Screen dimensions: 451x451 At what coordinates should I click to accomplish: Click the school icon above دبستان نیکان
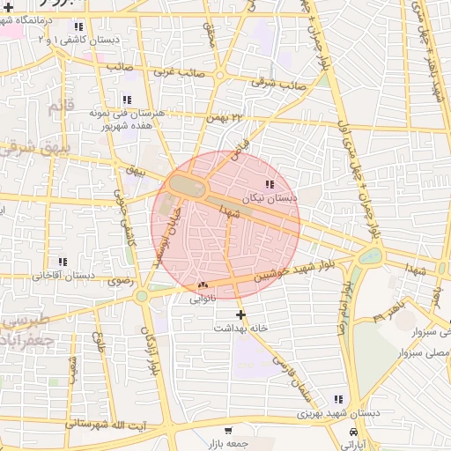(x=269, y=184)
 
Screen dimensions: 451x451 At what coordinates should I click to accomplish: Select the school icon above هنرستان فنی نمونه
(x=127, y=100)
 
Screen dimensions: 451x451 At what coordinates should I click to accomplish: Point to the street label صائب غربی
(x=131, y=67)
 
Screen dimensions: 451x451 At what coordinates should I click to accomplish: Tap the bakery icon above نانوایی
(x=203, y=285)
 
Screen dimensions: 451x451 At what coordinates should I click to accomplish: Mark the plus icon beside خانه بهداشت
(x=240, y=314)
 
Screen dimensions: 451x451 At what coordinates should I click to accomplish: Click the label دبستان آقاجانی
(x=63, y=276)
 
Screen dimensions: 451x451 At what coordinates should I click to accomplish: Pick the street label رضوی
(x=119, y=282)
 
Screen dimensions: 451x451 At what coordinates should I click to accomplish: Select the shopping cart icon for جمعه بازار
(x=228, y=431)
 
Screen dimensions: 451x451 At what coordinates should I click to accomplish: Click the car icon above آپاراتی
(x=353, y=433)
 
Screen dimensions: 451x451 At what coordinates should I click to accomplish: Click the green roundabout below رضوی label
(x=143, y=296)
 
